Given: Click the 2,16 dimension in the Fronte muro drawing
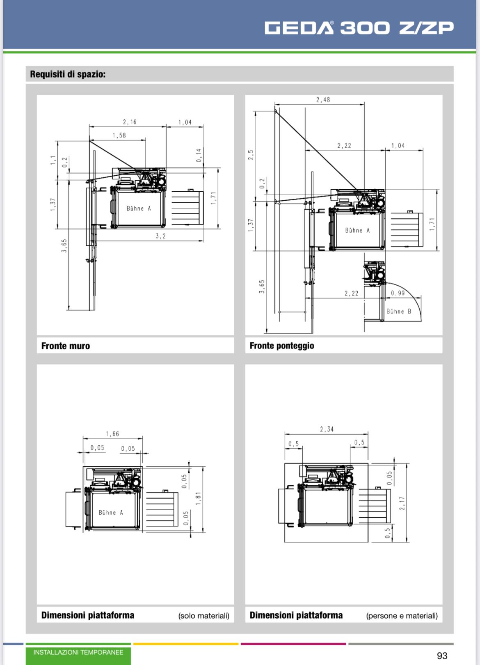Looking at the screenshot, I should (x=130, y=122).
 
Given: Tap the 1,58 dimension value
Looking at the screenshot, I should (x=119, y=135).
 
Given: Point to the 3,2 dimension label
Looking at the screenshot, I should (x=160, y=236).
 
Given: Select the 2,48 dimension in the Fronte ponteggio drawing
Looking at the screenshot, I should (x=323, y=99).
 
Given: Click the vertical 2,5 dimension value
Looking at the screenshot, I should (x=251, y=155).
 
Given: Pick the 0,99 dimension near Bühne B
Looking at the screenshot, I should (x=398, y=293).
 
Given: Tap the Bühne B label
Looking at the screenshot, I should (x=399, y=312).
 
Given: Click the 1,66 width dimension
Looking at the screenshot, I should (x=112, y=434).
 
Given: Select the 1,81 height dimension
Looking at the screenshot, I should (x=199, y=498).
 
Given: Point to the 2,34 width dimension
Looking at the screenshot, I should (x=327, y=429).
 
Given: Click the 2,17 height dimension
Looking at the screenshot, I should (x=402, y=503).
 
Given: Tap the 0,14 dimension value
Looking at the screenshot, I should (x=199, y=155).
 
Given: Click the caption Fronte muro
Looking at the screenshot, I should (x=66, y=346).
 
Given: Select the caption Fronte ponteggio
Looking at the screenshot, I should (x=282, y=346).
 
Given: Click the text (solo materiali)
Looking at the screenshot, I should (x=203, y=616).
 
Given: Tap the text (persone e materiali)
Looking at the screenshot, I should (x=402, y=616).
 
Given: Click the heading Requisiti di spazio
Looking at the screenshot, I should (x=68, y=74).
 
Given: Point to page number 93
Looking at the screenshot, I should (x=442, y=656).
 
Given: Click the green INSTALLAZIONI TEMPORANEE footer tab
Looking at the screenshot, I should (x=78, y=653).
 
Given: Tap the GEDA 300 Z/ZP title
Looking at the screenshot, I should (x=359, y=28).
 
